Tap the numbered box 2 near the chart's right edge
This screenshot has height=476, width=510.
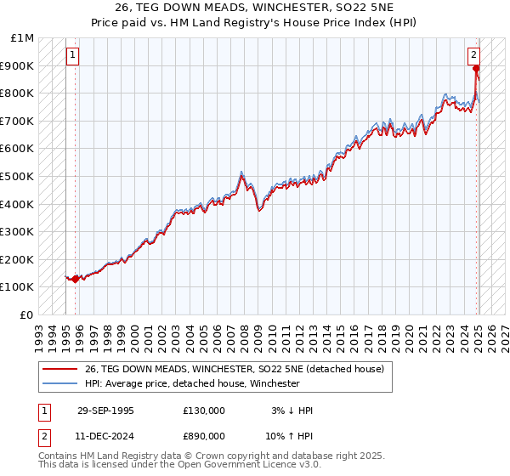tap(473, 55)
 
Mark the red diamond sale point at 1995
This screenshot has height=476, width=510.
tap(76, 278)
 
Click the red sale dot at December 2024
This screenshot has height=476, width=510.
tap(477, 69)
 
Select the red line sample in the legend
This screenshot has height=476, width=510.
tap(59, 369)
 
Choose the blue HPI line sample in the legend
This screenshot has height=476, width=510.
tap(59, 383)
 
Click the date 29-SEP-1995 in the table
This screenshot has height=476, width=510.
tap(105, 411)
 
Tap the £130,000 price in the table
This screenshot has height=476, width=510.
tap(204, 411)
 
